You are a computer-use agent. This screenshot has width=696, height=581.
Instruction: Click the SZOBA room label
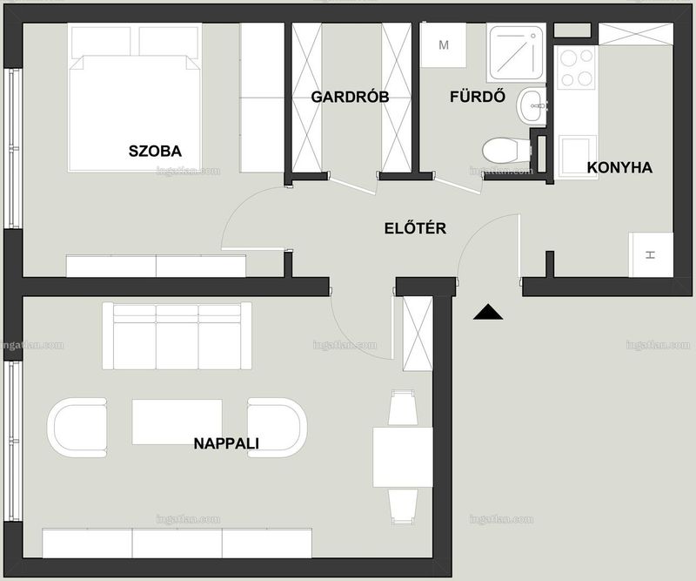pyautogui.click(x=156, y=152)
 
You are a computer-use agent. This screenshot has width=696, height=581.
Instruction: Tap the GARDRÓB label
pyautogui.click(x=351, y=97)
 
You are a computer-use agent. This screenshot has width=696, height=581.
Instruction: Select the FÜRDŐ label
pyautogui.click(x=478, y=96)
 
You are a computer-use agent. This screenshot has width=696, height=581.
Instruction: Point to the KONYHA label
pyautogui.click(x=619, y=167)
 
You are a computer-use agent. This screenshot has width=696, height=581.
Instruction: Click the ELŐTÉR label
pyautogui.click(x=415, y=228)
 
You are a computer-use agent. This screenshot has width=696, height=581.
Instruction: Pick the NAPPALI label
pyautogui.click(x=226, y=443)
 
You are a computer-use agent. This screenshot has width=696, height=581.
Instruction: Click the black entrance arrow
pyautogui.click(x=488, y=312)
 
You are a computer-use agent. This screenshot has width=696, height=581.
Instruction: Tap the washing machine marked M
pyautogui.click(x=443, y=45)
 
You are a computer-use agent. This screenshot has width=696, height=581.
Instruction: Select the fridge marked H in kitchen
pyautogui.click(x=651, y=254)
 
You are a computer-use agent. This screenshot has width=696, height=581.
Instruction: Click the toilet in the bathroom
pyautogui.click(x=506, y=151)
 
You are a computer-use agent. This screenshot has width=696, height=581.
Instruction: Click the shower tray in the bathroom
pyautogui.click(x=516, y=53)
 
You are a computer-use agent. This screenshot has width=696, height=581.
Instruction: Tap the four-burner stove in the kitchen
pyautogui.click(x=577, y=68)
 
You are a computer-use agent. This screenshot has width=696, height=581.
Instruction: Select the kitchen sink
pyautogui.click(x=576, y=156)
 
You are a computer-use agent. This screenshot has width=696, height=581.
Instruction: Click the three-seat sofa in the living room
pyautogui.click(x=177, y=336)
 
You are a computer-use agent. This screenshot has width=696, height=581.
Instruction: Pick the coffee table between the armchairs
pyautogui.click(x=177, y=422)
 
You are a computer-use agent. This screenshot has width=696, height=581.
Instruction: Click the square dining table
pyautogui.click(x=403, y=457)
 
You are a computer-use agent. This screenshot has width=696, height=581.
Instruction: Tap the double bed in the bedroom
pyautogui.click(x=135, y=98)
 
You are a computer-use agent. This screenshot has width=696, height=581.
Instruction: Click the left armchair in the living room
pyautogui.click(x=77, y=428)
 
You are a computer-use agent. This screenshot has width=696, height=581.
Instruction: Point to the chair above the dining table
pyautogui.click(x=403, y=407)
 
